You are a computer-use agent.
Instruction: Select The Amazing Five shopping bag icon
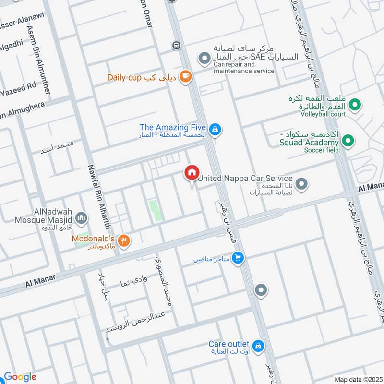pyautogui.click(x=215, y=128)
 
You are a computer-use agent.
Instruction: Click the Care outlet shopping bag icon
pyautogui.click(x=258, y=345)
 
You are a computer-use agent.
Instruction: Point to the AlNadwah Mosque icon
pyautogui.click(x=82, y=219)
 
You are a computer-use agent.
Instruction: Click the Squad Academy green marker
pyautogui.click(x=348, y=141)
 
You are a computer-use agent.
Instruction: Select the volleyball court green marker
pyautogui.click(x=355, y=104)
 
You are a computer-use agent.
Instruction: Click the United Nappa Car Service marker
pyautogui.click(x=301, y=184)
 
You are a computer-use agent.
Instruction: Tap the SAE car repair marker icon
pyautogui.click(x=204, y=59)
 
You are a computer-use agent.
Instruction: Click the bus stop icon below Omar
pyautogui.click(x=177, y=46)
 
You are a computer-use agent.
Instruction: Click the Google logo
pyautogui.click(x=20, y=377)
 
